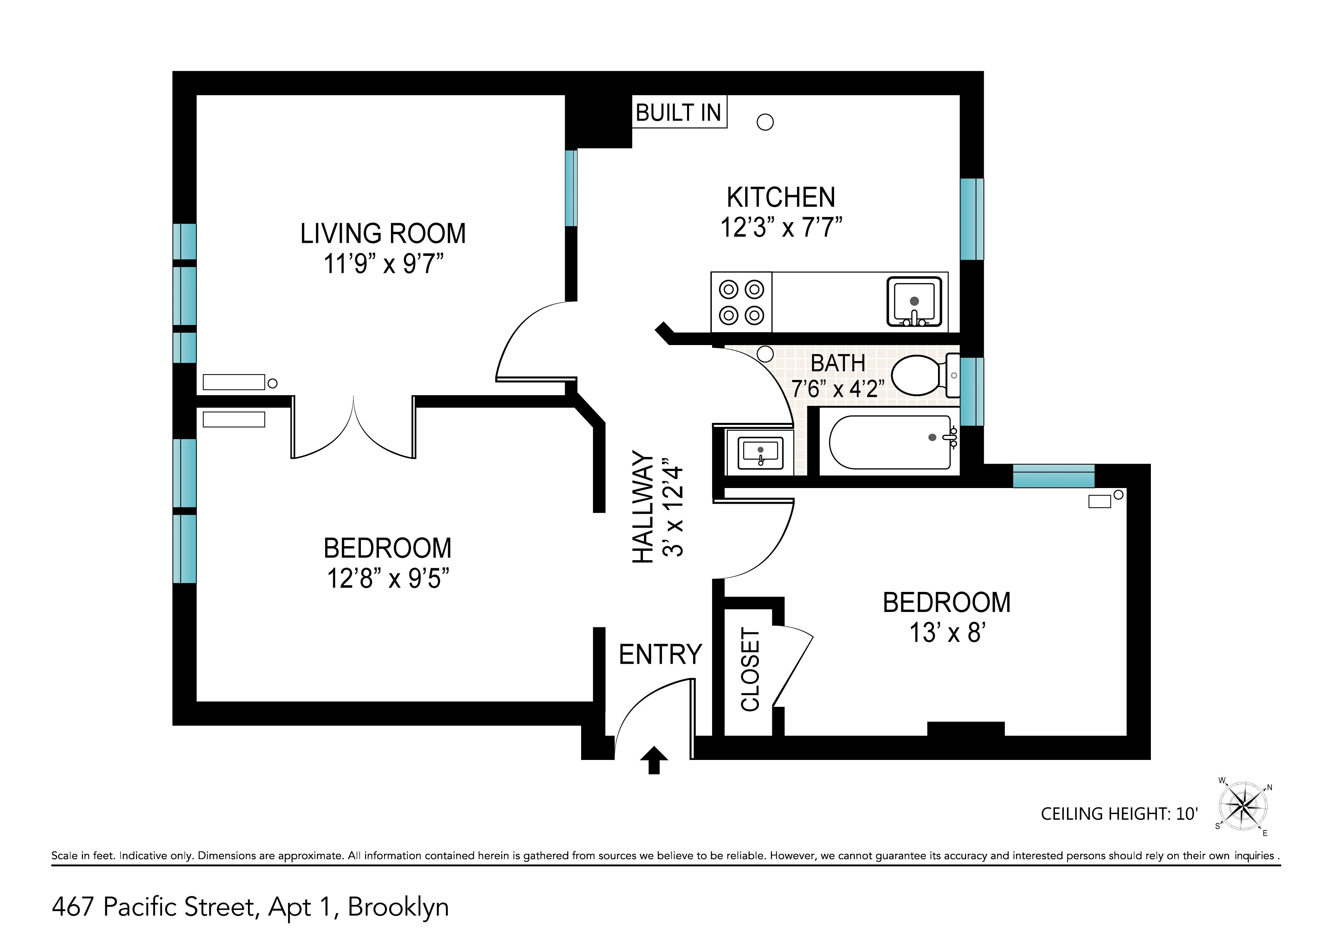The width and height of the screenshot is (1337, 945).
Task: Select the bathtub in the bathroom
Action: (x=891, y=443)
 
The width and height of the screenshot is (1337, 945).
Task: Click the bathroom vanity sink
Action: (x=760, y=452)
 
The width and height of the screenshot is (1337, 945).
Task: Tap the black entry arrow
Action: (x=654, y=760)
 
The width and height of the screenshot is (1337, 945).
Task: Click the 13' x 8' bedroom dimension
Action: (x=947, y=633)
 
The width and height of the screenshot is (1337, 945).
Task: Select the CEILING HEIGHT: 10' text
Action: (x=1119, y=813)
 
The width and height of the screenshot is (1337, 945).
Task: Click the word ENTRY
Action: (x=660, y=654)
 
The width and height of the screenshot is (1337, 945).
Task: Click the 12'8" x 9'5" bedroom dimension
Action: (x=388, y=579)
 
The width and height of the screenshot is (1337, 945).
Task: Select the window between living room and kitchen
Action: (x=571, y=188)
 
